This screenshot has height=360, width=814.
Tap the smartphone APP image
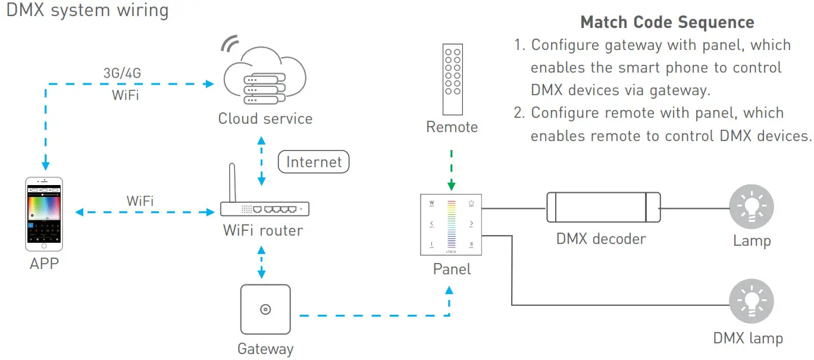pyautogui.click(x=43, y=214)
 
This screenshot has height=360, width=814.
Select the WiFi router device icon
pyautogui.click(x=265, y=208)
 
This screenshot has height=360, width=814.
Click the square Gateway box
pyautogui.click(x=265, y=309)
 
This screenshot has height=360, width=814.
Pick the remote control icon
pyautogui.click(x=452, y=80)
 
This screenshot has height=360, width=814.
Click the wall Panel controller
pyautogui.click(x=452, y=224)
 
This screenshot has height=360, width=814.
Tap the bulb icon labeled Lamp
pyautogui.click(x=752, y=206)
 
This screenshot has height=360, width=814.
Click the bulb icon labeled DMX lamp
pyautogui.click(x=752, y=301)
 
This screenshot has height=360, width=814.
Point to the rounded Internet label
pyautogui.click(x=314, y=162)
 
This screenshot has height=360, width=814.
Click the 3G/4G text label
pyautogui.click(x=122, y=73)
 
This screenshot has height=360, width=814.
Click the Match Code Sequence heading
pyautogui.click(x=667, y=23)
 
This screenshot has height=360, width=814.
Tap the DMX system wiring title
pyautogui.click(x=87, y=11)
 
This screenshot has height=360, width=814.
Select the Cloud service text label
pyautogui.click(x=265, y=118)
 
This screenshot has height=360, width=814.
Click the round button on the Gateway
pyautogui.click(x=265, y=309)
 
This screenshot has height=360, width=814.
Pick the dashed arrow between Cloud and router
pyautogui.click(x=261, y=161)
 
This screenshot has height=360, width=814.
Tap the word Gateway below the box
pyautogui.click(x=265, y=349)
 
